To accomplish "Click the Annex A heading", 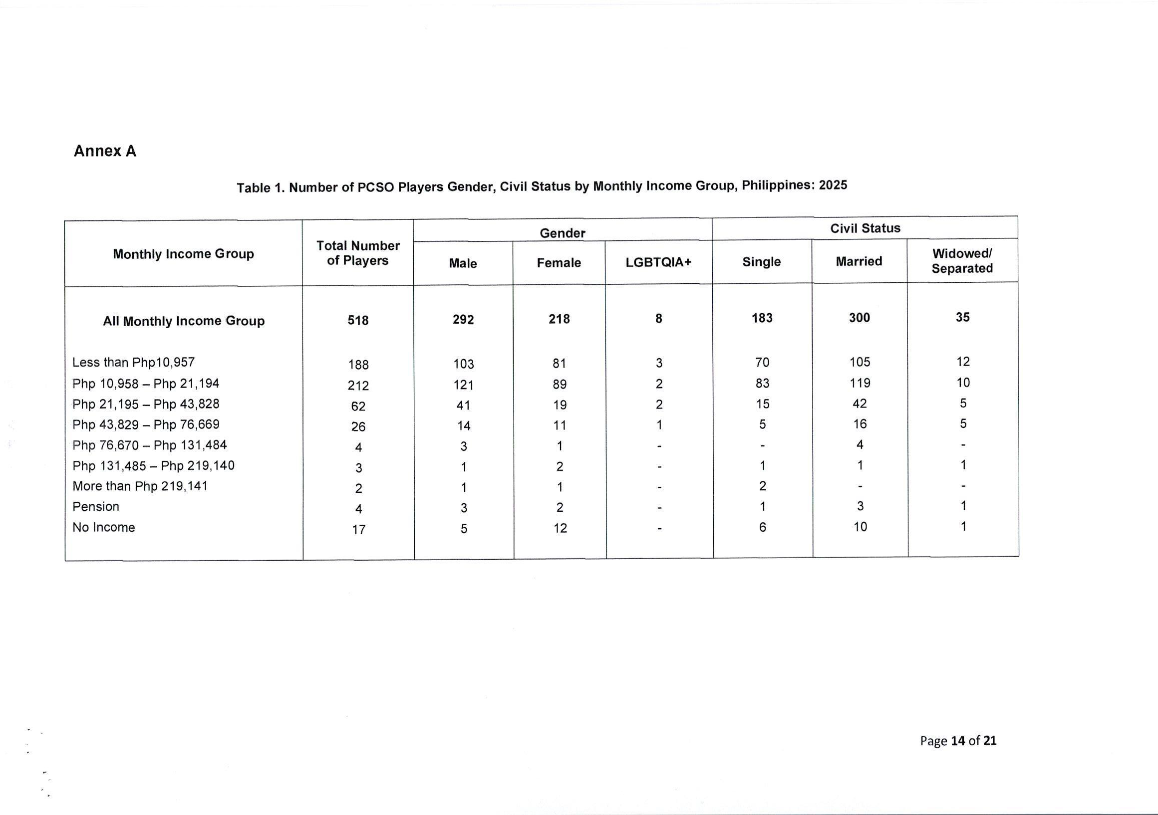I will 105,151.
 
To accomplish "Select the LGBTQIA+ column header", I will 658,262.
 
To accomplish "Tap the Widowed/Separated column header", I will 962,260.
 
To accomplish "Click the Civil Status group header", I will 865,228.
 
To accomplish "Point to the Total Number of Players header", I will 357,253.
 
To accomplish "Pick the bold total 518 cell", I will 358,321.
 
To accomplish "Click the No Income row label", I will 104,527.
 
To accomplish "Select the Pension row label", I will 96,507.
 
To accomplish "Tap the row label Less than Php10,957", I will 134,363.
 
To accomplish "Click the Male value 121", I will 463,385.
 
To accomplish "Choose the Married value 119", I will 860,383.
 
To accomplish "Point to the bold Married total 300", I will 860,318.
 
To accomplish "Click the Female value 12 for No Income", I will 560,528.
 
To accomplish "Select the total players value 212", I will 358,386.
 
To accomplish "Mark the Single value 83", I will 762,384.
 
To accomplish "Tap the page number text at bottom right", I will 958,740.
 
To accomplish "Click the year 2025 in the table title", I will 833,185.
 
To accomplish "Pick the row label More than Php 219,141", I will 140,486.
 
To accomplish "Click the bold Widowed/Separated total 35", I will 962,317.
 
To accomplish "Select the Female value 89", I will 560,385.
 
